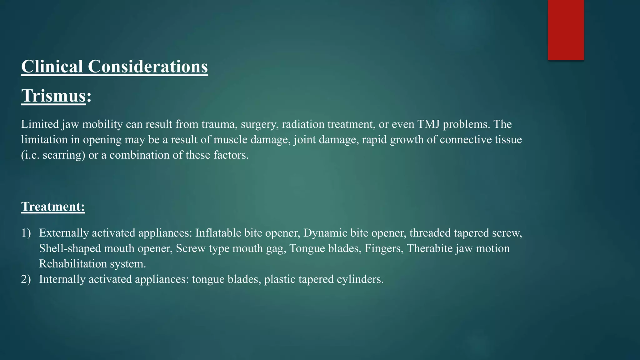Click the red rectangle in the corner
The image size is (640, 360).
[x=566, y=30]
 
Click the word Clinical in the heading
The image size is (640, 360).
[x=52, y=67]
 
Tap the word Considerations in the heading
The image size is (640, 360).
[x=148, y=67]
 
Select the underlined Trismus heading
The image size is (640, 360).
[x=53, y=96]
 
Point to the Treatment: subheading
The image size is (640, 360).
[x=53, y=207]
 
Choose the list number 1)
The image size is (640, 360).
[x=26, y=233]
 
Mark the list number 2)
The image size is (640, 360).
[x=26, y=279]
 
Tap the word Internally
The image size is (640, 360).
[x=62, y=279]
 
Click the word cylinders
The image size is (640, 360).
[x=360, y=279]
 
